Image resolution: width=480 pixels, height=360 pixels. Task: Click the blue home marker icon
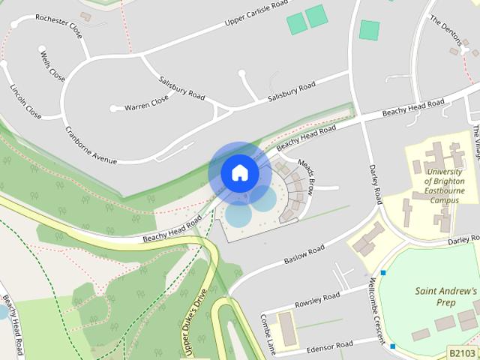click(239, 173)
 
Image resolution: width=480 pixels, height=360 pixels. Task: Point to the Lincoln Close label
click(25, 101)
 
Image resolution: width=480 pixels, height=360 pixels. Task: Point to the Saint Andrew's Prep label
click(445, 297)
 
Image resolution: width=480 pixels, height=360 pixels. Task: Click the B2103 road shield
click(462, 352)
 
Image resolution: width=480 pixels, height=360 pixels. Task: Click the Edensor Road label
click(330, 346)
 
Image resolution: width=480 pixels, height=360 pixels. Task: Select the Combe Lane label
click(266, 331)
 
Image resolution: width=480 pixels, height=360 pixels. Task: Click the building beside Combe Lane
click(287, 328)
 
